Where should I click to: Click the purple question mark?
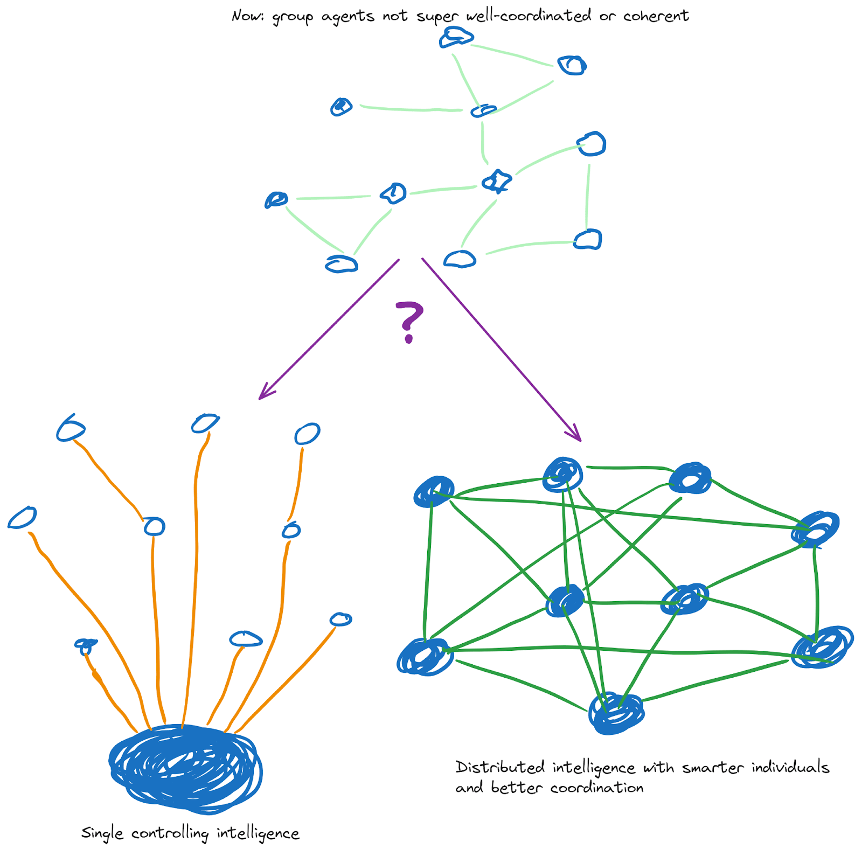click(409, 322)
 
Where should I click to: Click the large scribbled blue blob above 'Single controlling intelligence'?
click(185, 767)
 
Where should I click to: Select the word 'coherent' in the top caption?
click(656, 16)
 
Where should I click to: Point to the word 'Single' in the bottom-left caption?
click(102, 833)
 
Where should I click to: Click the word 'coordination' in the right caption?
click(597, 788)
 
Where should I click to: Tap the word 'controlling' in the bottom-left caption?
click(170, 834)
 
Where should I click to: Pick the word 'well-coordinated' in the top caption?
click(529, 16)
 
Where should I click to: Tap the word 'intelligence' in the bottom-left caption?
click(258, 834)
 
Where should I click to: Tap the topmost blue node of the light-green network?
click(456, 38)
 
